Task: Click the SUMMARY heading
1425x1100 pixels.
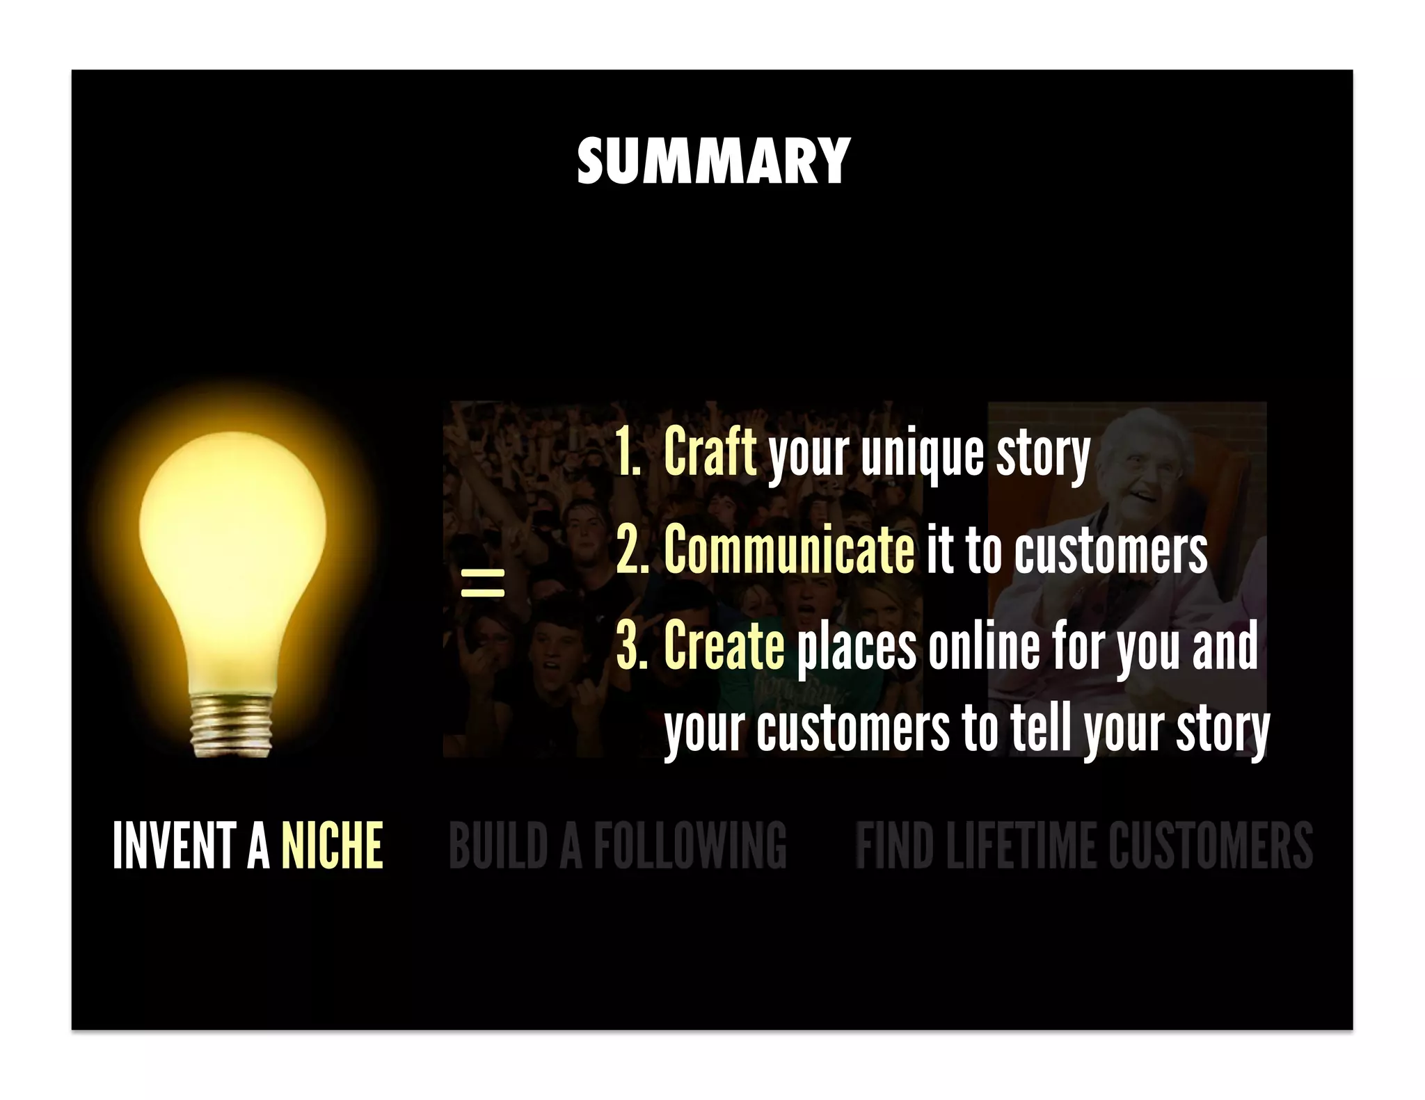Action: [713, 161]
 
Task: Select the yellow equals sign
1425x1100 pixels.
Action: [482, 583]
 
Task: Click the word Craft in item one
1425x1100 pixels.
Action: [710, 452]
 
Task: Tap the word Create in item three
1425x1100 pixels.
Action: [724, 645]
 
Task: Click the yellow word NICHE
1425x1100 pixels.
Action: [332, 846]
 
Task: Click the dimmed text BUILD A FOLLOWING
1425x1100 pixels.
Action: [617, 846]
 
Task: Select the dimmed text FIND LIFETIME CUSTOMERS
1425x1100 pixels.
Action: [1083, 846]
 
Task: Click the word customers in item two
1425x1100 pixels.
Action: [1110, 551]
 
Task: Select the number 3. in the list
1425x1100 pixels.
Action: [631, 645]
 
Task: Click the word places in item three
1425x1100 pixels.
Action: [857, 647]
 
